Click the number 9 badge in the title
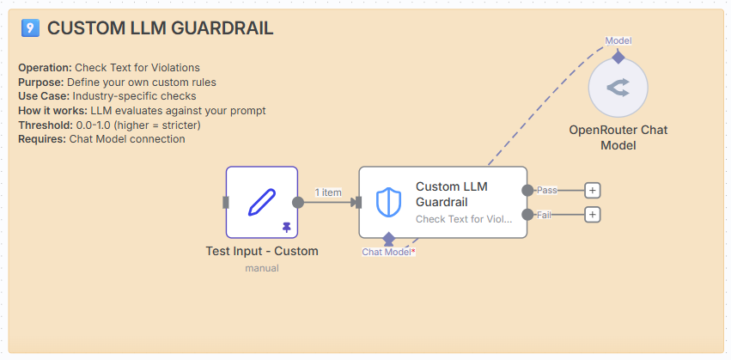[x=30, y=29]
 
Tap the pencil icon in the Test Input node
[x=261, y=201]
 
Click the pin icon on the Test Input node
[x=286, y=227]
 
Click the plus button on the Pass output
[x=592, y=190]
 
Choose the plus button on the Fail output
[x=592, y=214]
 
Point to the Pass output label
[x=546, y=190]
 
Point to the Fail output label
[x=544, y=214]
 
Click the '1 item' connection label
[x=328, y=192]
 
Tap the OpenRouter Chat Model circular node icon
[x=618, y=88]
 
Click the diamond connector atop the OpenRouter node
[x=618, y=58]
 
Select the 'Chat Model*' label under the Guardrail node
[x=388, y=252]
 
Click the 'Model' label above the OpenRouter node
[x=618, y=40]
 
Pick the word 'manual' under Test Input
[x=262, y=268]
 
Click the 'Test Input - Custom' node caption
[x=262, y=252]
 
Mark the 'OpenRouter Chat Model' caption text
[x=618, y=137]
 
